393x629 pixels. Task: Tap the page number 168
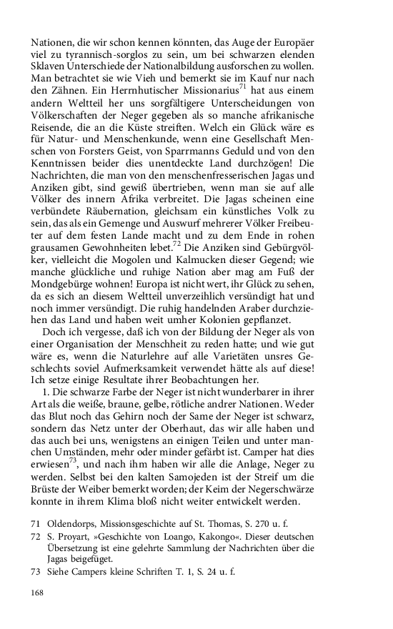(39, 593)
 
